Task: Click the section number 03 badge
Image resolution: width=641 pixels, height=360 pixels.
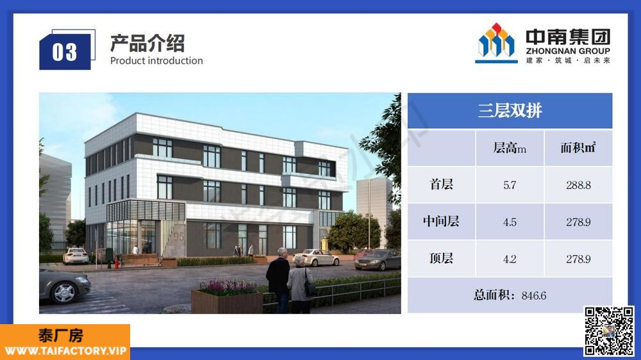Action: (x=65, y=52)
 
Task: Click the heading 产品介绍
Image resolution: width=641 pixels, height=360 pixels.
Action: (x=147, y=44)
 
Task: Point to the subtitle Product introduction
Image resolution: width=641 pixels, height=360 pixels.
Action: (x=156, y=60)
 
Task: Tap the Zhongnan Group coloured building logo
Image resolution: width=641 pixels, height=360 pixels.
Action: (x=496, y=43)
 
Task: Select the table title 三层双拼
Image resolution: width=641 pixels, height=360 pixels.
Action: (x=510, y=110)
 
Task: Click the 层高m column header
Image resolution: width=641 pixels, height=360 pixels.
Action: (x=510, y=148)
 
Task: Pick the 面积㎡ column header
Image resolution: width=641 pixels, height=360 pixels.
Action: (x=578, y=147)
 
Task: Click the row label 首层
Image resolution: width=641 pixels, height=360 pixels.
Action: (x=442, y=184)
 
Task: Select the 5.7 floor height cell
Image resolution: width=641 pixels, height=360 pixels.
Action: (x=510, y=185)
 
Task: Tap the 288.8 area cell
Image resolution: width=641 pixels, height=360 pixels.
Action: (x=578, y=185)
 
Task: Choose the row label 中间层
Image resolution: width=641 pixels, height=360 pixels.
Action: (x=441, y=222)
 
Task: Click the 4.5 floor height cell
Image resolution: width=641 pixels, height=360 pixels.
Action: (x=510, y=222)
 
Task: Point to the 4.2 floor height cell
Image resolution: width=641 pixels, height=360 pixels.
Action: (x=510, y=259)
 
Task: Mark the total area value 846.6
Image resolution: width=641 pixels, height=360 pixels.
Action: (x=534, y=295)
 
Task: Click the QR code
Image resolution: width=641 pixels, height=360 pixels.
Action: (x=609, y=331)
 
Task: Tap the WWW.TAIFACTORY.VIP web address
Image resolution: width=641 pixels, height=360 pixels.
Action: (x=65, y=351)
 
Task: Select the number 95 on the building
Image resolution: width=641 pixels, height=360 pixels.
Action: (x=179, y=236)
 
